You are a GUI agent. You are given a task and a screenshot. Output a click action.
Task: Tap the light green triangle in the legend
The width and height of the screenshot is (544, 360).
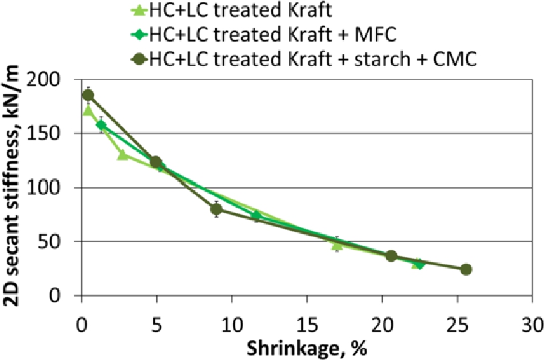click(138, 10)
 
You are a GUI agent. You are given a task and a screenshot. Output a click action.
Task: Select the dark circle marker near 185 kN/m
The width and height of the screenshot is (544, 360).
click(87, 95)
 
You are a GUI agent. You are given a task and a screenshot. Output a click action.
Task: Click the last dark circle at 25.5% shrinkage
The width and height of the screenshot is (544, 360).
click(466, 269)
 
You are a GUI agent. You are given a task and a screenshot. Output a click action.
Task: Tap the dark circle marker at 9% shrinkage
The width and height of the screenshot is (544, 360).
click(216, 209)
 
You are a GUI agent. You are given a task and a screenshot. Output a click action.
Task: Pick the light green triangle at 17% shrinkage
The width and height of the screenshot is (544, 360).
click(337, 245)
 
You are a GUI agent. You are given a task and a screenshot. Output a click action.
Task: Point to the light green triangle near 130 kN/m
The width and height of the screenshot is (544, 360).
click(123, 154)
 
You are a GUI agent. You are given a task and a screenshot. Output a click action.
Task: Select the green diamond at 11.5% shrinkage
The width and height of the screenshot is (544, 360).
click(256, 215)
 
